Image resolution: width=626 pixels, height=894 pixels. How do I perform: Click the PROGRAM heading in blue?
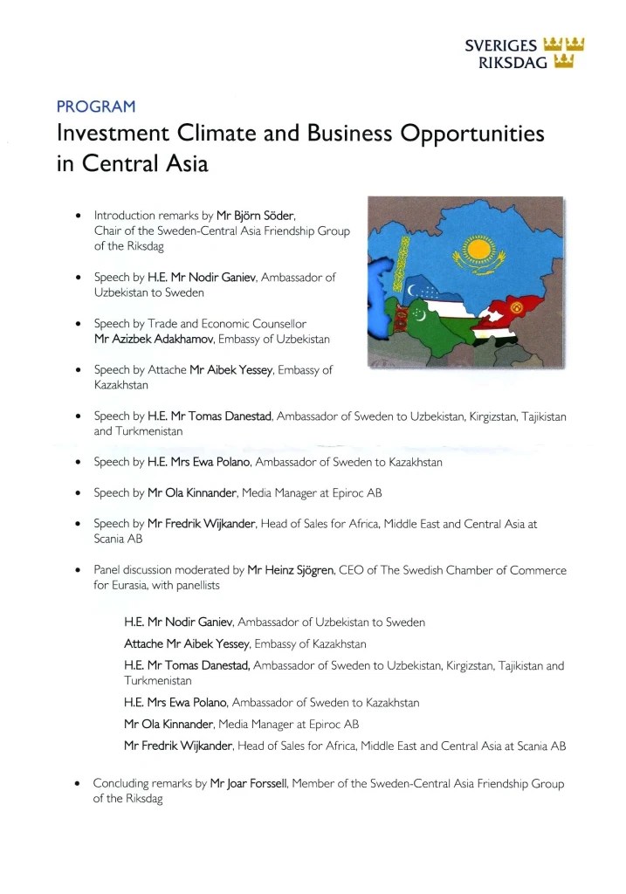[96, 107]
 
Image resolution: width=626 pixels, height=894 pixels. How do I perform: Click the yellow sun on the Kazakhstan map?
[475, 251]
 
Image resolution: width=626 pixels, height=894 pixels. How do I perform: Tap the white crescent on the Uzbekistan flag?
[412, 289]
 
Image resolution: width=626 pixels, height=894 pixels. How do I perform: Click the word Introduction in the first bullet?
[125, 215]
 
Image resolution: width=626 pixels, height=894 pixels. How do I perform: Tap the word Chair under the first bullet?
[108, 230]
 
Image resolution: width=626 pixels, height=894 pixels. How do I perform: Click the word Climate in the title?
[229, 134]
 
